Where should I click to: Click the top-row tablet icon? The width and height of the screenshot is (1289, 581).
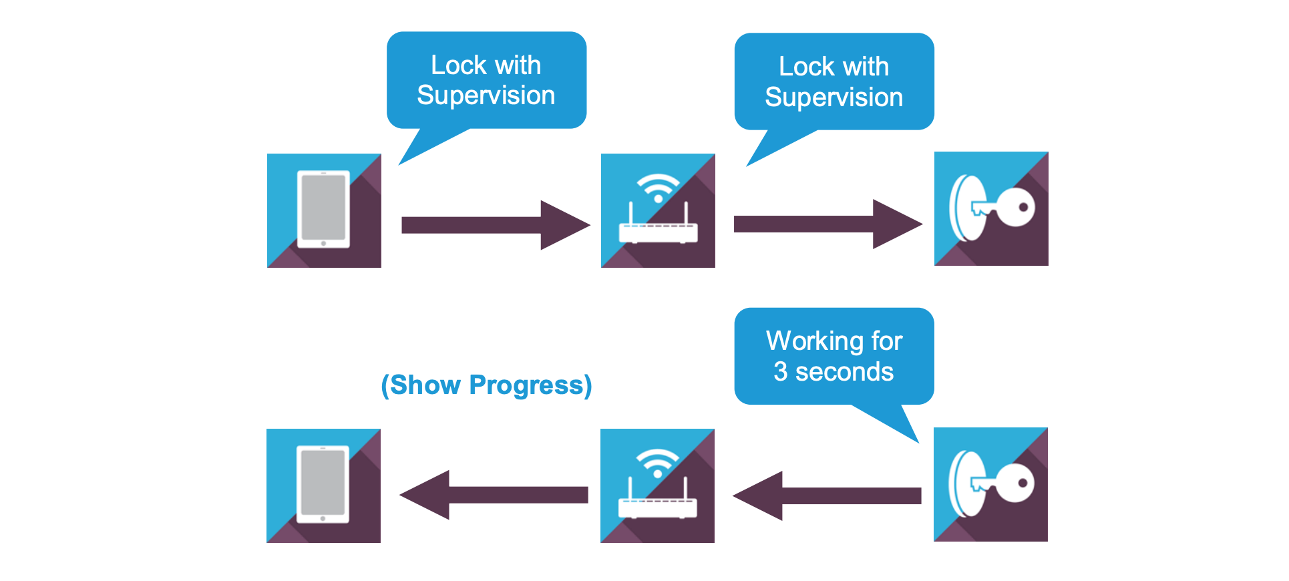[324, 210]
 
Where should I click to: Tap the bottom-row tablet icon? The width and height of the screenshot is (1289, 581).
[323, 486]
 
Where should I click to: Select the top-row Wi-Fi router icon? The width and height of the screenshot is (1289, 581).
[658, 210]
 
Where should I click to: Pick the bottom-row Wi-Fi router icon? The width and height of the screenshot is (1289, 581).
[657, 486]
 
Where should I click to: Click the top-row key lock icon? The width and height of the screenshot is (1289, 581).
[991, 208]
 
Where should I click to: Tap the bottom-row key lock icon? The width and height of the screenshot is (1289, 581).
[990, 484]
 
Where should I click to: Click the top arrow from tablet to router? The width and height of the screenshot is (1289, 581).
[495, 225]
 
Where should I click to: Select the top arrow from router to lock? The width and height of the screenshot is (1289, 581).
[827, 224]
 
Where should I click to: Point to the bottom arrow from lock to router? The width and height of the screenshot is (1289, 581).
[827, 496]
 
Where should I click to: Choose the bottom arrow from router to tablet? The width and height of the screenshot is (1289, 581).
[494, 495]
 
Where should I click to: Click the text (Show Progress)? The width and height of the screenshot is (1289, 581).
[486, 385]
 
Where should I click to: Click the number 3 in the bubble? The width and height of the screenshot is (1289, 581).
[780, 372]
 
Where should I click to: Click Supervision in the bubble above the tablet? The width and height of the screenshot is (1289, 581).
[486, 95]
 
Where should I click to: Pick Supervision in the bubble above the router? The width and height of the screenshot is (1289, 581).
[834, 98]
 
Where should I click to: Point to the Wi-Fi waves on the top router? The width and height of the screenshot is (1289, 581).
[658, 184]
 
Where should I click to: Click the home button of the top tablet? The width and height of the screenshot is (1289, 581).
[323, 244]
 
